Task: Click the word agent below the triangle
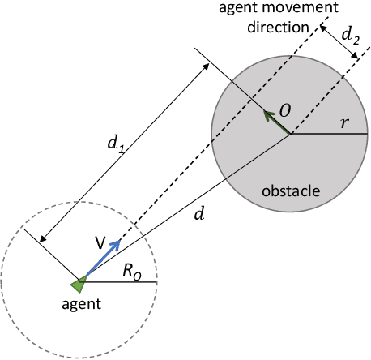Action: pyautogui.click(x=81, y=306)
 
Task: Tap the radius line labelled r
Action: pyautogui.click(x=328, y=134)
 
